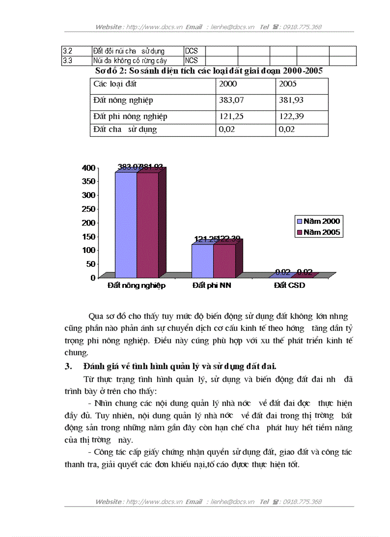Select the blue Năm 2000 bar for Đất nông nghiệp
coord(126,225)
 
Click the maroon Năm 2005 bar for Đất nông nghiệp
coord(148,225)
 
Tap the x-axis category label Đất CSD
coord(289,285)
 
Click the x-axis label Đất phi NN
coord(213,285)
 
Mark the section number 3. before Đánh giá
coord(68,366)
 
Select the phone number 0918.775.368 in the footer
coord(302,502)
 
